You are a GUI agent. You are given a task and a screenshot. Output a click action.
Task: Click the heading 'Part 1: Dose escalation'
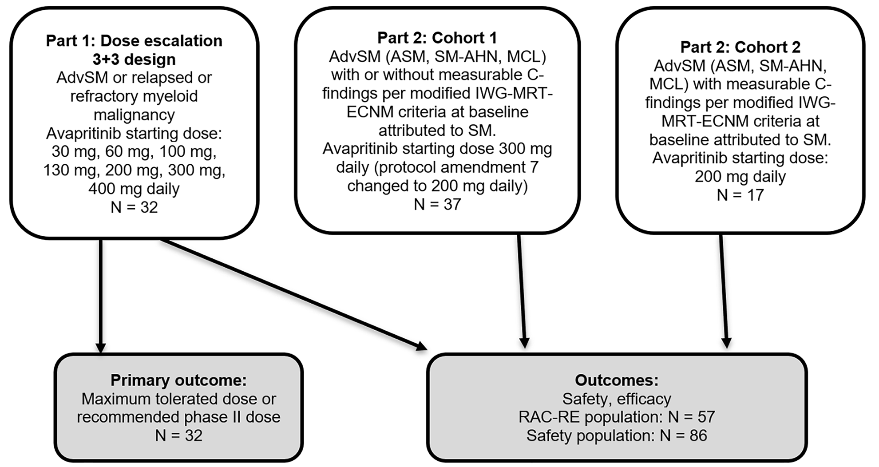(134, 41)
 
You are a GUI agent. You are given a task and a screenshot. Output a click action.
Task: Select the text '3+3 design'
(134, 59)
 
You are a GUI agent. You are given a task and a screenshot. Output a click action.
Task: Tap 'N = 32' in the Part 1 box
(134, 207)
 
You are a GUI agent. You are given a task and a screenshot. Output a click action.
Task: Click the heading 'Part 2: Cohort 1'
(437, 38)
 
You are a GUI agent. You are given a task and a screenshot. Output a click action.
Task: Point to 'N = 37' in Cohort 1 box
(437, 204)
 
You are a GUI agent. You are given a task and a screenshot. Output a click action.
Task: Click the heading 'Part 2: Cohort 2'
(740, 47)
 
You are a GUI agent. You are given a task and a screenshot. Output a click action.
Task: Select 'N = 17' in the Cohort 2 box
(740, 195)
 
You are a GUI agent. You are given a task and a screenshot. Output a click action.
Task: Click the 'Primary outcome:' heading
(178, 380)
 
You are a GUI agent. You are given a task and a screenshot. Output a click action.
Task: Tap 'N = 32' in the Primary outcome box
(178, 435)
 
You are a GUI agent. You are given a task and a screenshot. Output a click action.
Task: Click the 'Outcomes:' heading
(616, 380)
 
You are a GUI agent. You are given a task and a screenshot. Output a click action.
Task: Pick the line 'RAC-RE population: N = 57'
(616, 417)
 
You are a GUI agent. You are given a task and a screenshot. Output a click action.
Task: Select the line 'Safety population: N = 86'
(616, 435)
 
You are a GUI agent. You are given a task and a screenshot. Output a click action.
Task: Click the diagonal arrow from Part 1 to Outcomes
(289, 293)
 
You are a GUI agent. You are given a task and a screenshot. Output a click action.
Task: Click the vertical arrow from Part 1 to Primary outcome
(101, 293)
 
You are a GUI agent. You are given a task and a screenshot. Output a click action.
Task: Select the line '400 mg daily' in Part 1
(134, 189)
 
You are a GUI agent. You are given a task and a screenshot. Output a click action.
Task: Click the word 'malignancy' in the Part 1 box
(134, 115)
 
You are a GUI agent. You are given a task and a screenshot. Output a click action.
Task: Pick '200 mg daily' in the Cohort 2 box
(740, 177)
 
